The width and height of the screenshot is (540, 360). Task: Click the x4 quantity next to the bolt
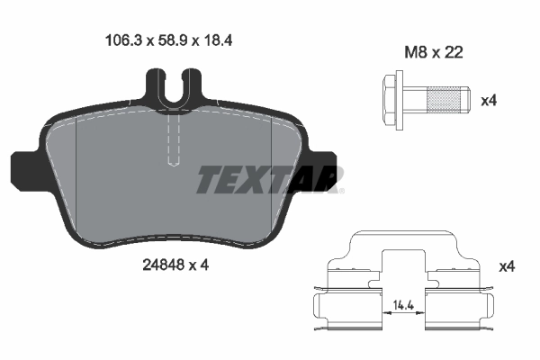(489, 101)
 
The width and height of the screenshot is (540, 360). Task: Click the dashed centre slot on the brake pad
(175, 139)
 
